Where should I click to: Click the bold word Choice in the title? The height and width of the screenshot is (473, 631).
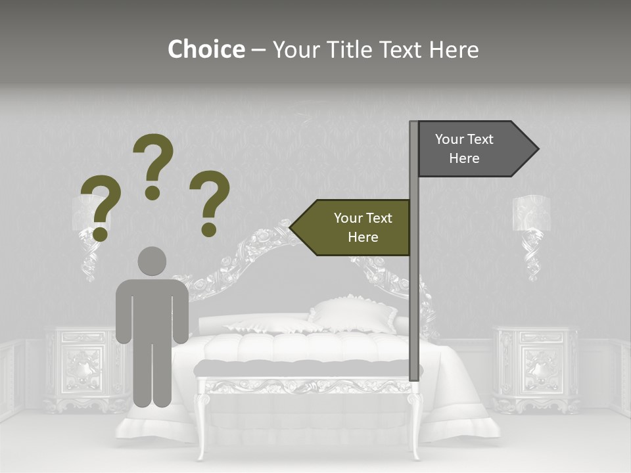[x=206, y=50]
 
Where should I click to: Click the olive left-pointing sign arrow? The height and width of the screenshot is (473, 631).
[x=352, y=227]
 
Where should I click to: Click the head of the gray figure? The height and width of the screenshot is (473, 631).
[x=152, y=261]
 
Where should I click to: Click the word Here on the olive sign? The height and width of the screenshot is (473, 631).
[x=363, y=237]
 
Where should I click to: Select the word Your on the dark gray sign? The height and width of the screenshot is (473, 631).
[x=450, y=139]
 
